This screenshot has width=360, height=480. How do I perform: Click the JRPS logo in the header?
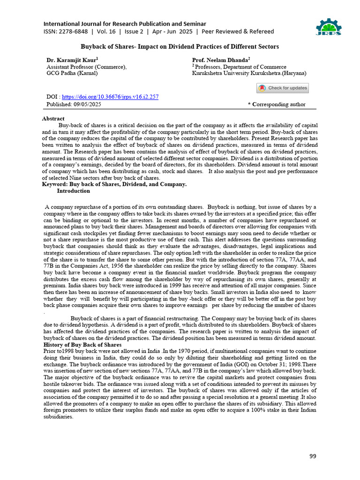[x=329, y=27]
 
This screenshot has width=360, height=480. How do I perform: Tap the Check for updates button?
[x=282, y=88]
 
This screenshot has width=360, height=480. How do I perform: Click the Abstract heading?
[x=53, y=119]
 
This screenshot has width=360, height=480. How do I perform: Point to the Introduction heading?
[x=73, y=191]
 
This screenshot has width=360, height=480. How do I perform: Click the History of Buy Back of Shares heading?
[x=82, y=345]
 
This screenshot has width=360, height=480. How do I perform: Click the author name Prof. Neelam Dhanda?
[x=221, y=60]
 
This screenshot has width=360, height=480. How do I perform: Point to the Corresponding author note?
[x=277, y=105]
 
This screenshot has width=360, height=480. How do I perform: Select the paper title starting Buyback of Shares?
[x=180, y=47]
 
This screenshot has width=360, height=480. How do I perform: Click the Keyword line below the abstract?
[x=114, y=184]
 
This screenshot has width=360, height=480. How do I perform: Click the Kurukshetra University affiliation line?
[x=249, y=73]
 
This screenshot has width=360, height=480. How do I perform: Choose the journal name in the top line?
[x=125, y=23]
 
